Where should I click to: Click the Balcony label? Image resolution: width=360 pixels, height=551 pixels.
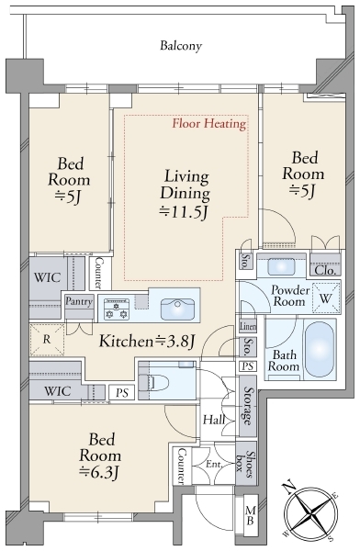tap(181, 46)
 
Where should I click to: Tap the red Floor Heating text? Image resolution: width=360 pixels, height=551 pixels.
tap(208, 124)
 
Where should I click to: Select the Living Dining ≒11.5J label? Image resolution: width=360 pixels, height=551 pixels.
tap(185, 195)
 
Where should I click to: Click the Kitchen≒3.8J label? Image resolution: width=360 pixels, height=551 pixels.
tap(147, 342)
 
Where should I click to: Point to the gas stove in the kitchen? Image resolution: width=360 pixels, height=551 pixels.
tap(117, 309)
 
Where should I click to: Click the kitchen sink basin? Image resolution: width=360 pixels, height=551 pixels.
tap(177, 309)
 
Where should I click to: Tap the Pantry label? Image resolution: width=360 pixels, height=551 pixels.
tap(79, 301)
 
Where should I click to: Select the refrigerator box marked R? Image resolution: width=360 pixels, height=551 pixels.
tap(47, 340)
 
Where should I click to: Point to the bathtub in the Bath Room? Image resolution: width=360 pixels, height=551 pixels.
tap(320, 349)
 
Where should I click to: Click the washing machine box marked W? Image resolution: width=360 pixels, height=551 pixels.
tap(326, 298)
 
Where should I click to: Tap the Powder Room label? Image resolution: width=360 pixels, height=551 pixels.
tap(290, 296)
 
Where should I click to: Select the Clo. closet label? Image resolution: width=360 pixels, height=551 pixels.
tap(325, 271)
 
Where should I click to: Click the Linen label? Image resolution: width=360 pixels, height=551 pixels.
tap(248, 326)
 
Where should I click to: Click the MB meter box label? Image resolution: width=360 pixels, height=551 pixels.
tap(251, 514)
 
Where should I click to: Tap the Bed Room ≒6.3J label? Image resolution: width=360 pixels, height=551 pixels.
tap(100, 456)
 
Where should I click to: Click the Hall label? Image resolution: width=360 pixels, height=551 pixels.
tap(214, 420)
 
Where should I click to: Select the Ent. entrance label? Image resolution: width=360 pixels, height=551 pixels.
tap(214, 464)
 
